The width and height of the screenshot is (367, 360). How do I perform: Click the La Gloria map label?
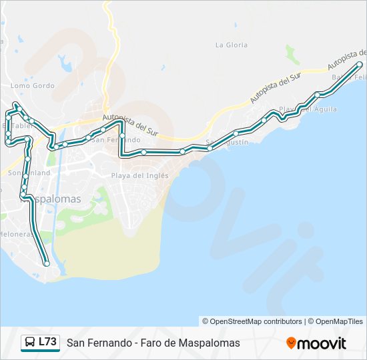tap(232, 45)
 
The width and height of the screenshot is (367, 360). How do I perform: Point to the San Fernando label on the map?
tap(117, 140)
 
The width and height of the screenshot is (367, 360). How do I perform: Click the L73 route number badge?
tap(47, 342)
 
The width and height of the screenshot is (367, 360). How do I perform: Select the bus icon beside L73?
tap(30, 343)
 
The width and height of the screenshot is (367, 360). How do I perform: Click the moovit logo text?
tap(322, 343)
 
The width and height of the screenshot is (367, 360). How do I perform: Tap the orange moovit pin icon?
tap(291, 343)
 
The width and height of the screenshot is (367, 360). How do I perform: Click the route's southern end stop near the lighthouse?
tap(47, 264)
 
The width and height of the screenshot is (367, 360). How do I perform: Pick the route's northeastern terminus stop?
tap(360, 64)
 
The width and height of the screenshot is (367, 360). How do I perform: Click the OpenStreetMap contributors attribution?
tap(252, 321)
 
